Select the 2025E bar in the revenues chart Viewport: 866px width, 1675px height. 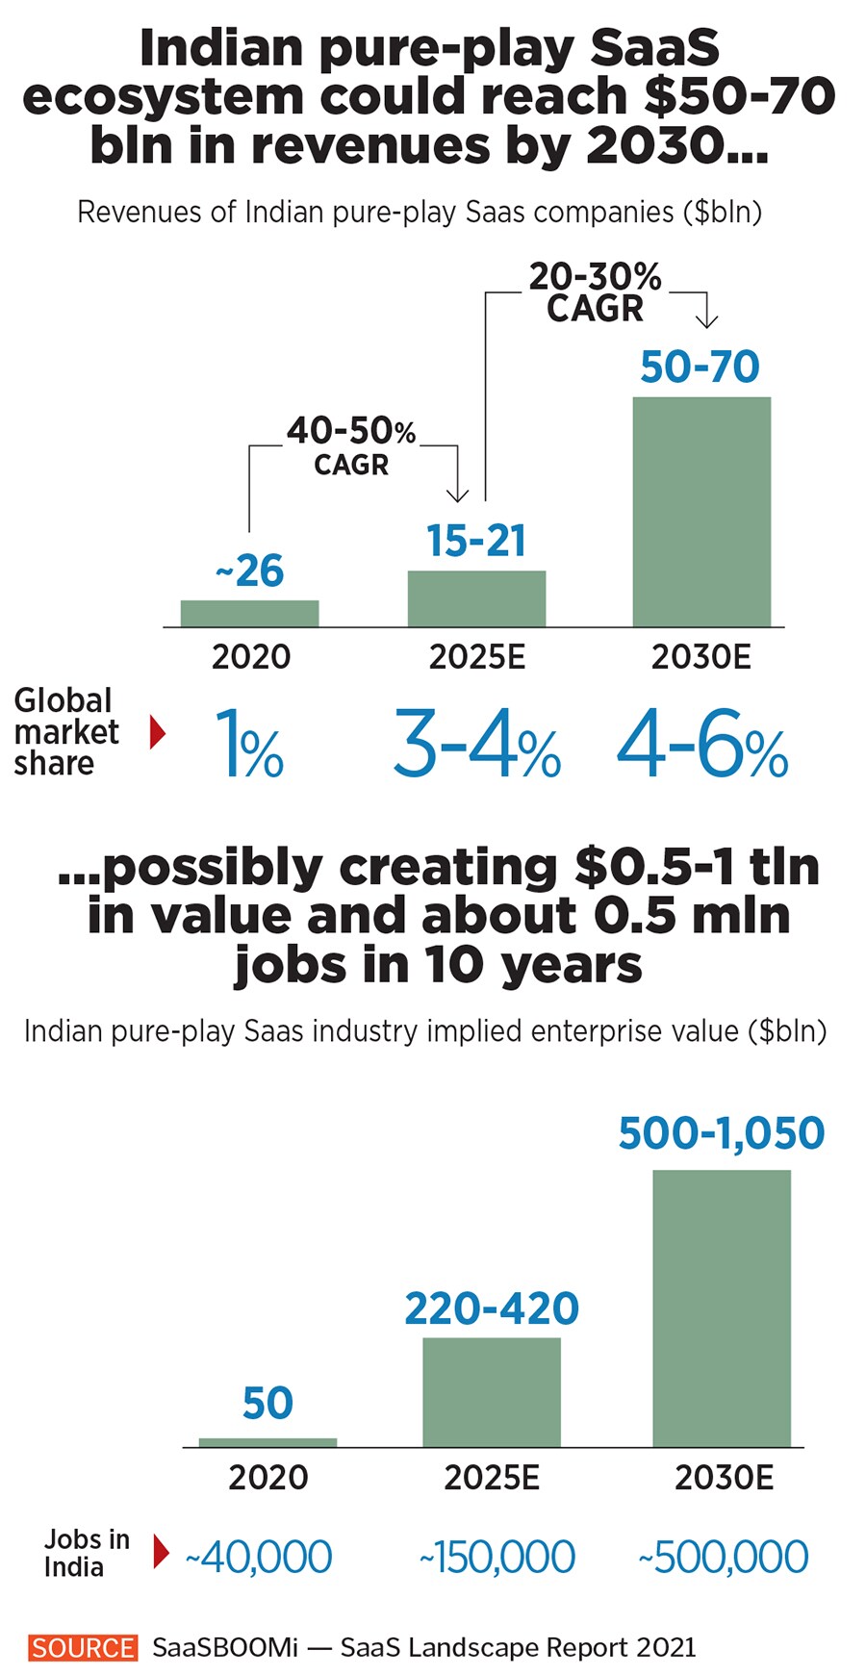pos(476,598)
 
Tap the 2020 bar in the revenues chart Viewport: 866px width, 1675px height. pos(249,613)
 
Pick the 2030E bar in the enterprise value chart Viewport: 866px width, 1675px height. pos(722,1307)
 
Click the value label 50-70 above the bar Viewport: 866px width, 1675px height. pos(700,367)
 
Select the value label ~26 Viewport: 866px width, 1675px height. pos(249,571)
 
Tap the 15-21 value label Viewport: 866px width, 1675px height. pos(476,541)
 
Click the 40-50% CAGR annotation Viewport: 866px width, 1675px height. pos(351,446)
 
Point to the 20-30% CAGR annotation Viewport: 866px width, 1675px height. pos(595,292)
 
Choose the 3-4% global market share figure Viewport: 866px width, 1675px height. pos(476,744)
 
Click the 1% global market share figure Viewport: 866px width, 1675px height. pos(249,744)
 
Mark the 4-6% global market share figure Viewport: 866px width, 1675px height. pos(702,744)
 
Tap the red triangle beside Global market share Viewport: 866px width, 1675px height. pos(158,733)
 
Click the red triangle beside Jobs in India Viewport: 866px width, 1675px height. pos(161,1552)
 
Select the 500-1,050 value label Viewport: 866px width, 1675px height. pos(722,1133)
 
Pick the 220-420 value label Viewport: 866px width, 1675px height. pos(492,1308)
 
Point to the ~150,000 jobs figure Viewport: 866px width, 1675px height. pos(497,1557)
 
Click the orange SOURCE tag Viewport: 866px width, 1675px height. pos(83,1647)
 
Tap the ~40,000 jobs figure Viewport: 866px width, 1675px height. pos(259,1557)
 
